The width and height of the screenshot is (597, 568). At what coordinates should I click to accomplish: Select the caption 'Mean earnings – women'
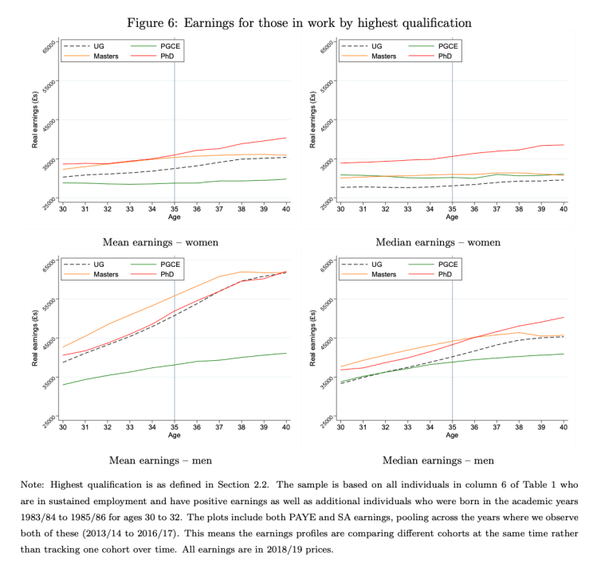162,241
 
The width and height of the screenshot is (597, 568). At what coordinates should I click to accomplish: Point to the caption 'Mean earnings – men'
161,460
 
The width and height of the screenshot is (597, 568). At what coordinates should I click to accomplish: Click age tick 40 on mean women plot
286,209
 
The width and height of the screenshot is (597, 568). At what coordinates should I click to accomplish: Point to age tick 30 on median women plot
340,209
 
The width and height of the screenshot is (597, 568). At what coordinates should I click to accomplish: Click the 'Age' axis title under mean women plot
175,217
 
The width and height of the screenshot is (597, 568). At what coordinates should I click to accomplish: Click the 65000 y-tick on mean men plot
52,263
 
